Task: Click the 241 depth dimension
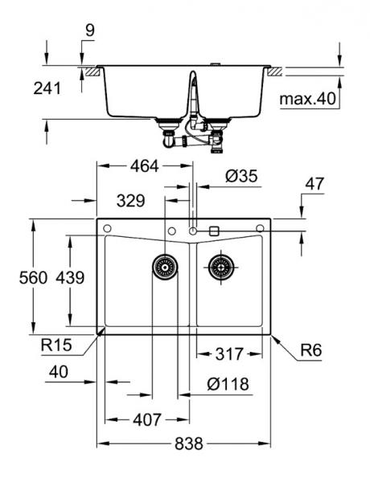[47, 89]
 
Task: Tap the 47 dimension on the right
[314, 184]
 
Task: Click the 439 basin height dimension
[71, 278]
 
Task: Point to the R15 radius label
[58, 346]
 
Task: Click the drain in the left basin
[164, 266]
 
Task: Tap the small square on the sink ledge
[214, 231]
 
